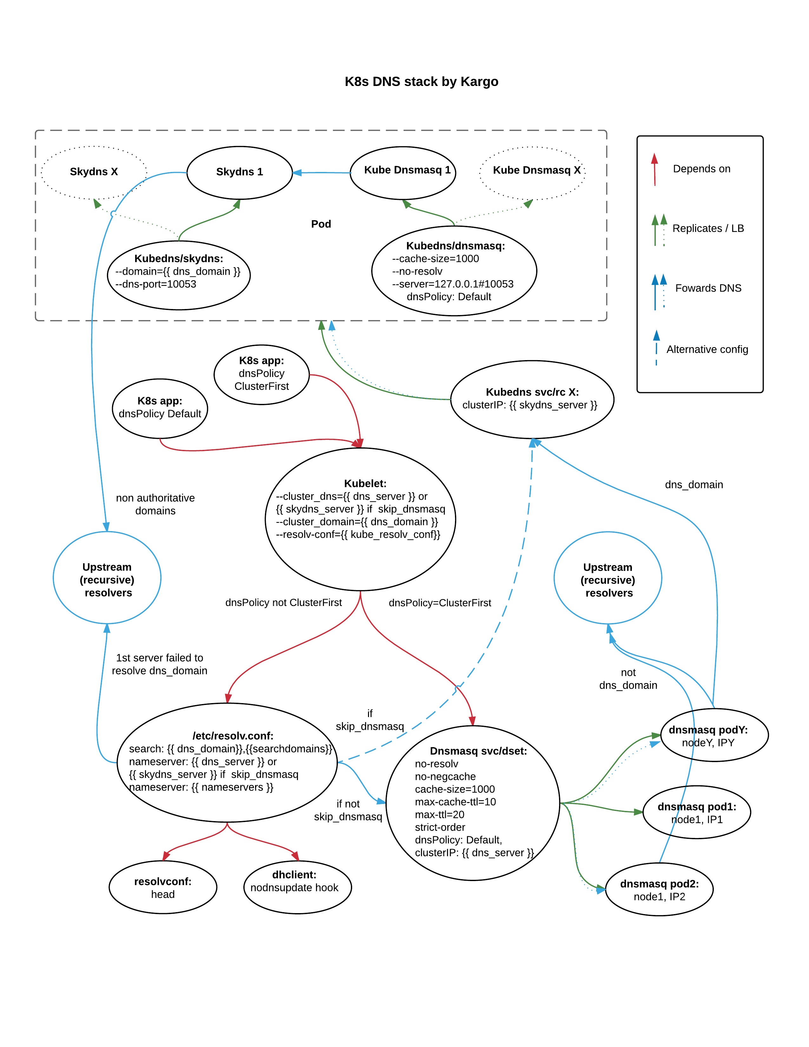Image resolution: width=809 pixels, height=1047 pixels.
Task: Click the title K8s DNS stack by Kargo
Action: point(421,82)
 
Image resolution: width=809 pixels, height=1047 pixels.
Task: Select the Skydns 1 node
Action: point(239,172)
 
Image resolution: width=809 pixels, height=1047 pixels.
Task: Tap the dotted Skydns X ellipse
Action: point(94,172)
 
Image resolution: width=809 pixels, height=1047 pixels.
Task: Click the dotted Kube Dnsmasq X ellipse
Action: point(532,171)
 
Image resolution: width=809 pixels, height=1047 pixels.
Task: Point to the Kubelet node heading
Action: point(365,484)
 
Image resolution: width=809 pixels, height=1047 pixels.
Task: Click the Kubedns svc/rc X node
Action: point(532,399)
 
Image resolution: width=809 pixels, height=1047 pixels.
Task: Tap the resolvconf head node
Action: point(163,887)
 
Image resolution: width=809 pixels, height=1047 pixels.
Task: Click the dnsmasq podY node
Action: point(714,736)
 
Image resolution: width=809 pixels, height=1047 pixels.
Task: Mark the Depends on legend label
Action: point(701,169)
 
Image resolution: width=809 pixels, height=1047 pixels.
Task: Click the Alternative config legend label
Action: point(707,350)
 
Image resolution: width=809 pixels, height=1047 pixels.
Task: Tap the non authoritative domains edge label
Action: point(155,504)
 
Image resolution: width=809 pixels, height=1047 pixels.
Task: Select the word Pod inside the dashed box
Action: point(321,224)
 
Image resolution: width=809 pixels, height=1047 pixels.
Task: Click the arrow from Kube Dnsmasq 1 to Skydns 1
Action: point(321,173)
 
